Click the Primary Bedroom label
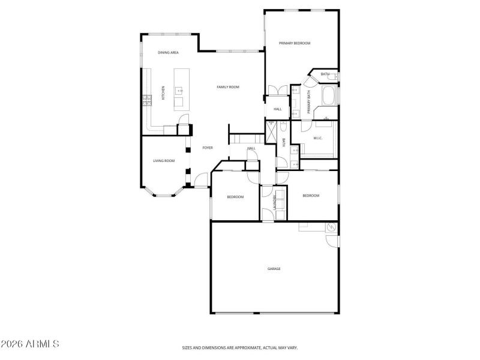[x=294, y=43]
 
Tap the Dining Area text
[x=168, y=53]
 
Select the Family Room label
[x=228, y=87]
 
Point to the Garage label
[x=274, y=269]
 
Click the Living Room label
[x=164, y=161]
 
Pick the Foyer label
[x=208, y=148]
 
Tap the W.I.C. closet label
[x=318, y=139]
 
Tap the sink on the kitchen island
[x=179, y=91]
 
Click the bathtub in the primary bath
[x=329, y=95]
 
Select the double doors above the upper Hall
[x=277, y=91]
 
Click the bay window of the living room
[x=164, y=193]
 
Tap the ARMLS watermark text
[x=30, y=344]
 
